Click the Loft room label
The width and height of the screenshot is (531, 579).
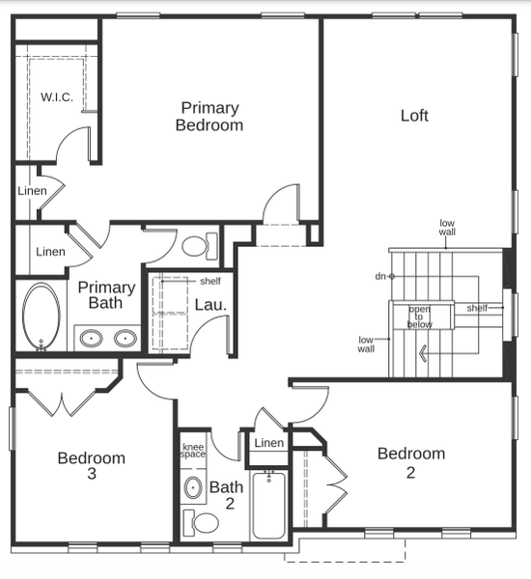click(x=414, y=116)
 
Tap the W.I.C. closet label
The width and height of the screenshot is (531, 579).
click(x=57, y=97)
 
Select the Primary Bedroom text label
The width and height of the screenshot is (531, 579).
click(x=210, y=117)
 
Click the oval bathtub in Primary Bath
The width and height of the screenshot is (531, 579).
click(x=42, y=317)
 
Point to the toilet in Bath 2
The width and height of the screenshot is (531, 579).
click(x=201, y=522)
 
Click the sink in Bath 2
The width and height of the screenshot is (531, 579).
click(x=193, y=487)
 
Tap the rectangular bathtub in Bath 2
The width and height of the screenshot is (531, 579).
click(x=269, y=505)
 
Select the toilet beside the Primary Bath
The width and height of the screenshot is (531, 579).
click(x=200, y=246)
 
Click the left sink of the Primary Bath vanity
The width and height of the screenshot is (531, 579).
click(x=91, y=339)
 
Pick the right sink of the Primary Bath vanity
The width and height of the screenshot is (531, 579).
click(x=126, y=339)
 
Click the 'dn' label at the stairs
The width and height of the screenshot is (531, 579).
click(x=380, y=276)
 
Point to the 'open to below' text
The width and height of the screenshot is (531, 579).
click(x=419, y=317)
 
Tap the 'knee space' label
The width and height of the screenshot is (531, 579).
click(x=193, y=451)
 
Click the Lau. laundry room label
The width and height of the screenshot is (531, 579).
click(x=210, y=305)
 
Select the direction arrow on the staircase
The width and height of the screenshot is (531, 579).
click(x=423, y=353)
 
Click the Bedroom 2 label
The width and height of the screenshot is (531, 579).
click(x=411, y=462)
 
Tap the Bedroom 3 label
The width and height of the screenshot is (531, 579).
click(x=92, y=465)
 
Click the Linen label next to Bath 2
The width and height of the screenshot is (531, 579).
click(x=269, y=442)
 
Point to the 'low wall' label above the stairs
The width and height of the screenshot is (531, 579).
click(x=447, y=228)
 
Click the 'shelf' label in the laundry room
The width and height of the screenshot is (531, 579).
click(x=210, y=282)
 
